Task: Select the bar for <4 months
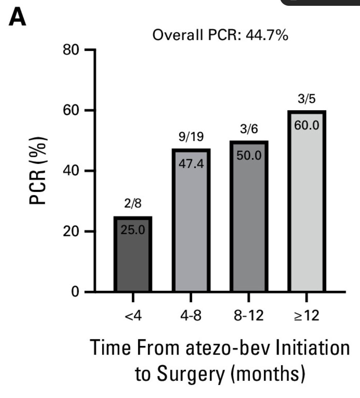(x=133, y=254)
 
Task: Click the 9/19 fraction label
(x=191, y=137)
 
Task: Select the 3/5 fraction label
(x=307, y=99)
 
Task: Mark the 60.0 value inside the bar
(x=307, y=125)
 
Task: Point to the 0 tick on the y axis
(x=74, y=292)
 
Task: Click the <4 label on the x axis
(x=133, y=316)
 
